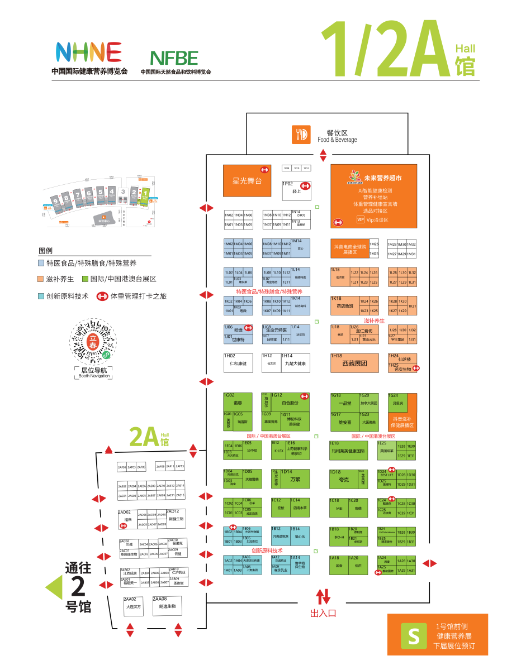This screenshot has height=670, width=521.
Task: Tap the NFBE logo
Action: tap(174, 58)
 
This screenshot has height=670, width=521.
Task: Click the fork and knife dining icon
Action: tap(301, 135)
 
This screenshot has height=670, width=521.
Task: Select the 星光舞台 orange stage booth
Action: tap(247, 180)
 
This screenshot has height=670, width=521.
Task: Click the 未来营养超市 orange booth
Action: tap(373, 195)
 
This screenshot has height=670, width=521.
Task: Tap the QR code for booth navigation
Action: tap(93, 342)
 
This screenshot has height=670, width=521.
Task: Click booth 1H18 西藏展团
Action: tap(354, 363)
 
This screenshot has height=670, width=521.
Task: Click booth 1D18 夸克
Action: tap(343, 479)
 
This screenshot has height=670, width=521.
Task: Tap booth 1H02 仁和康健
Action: tap(238, 363)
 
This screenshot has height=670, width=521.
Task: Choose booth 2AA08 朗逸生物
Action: tap(167, 606)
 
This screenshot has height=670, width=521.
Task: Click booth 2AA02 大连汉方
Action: tap(134, 606)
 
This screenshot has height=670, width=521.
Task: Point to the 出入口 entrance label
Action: tap(323, 613)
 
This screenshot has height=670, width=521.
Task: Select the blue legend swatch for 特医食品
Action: tap(41, 263)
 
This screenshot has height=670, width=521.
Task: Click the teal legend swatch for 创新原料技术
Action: tap(41, 296)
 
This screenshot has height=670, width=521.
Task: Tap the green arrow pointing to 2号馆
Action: tap(54, 587)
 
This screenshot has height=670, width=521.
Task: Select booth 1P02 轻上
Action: tap(296, 190)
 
